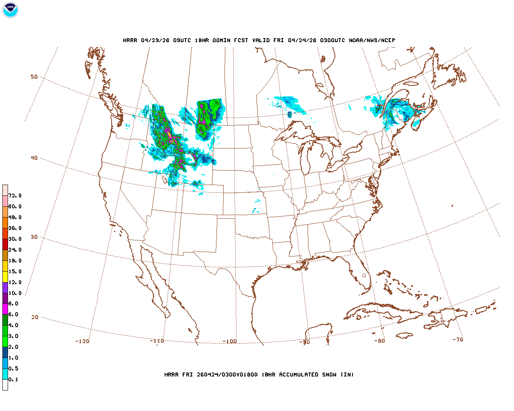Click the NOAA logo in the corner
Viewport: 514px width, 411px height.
10,10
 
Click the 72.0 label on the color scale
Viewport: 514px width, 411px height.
15,196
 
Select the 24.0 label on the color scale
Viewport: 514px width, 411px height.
15,250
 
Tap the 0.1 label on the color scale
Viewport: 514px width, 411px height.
13,380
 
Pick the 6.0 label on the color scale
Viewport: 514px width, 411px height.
13,315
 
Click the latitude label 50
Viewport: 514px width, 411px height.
34,77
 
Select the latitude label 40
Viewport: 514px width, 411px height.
34,158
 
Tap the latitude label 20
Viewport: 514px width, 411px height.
35,317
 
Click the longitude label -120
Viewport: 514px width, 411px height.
82,341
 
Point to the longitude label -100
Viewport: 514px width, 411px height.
230,342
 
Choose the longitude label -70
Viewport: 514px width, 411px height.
458,340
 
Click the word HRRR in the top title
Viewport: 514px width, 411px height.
130,41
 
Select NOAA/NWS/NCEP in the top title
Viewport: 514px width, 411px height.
372,41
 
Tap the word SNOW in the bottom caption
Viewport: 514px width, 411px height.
328,375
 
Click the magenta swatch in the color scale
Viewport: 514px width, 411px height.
5,309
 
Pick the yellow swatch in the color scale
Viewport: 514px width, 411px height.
5,277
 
